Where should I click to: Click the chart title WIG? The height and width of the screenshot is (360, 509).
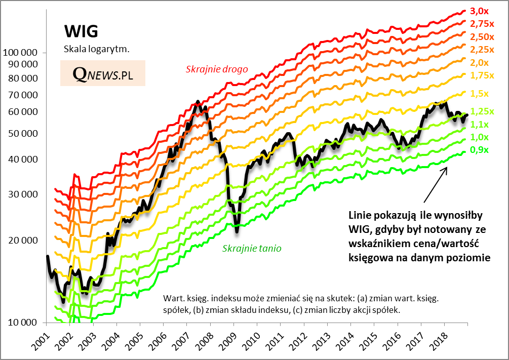[x=81, y=31]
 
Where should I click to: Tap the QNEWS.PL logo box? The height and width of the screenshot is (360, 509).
[x=103, y=73]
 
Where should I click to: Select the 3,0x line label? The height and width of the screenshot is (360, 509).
[x=479, y=11]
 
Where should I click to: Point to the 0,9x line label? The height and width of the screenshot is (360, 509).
[x=480, y=150]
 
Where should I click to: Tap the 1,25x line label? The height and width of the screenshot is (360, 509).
[x=482, y=111]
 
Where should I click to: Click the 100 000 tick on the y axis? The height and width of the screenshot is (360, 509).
[x=20, y=52]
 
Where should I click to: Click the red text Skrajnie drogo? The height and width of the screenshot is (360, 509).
[x=217, y=69]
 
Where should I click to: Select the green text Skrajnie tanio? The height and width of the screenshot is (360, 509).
[x=251, y=249]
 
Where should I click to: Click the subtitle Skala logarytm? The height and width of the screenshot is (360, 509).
[x=97, y=49]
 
